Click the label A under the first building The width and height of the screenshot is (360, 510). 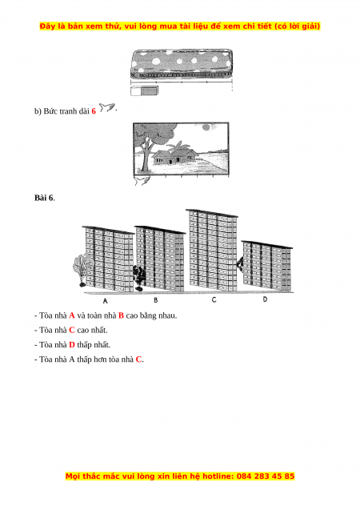105,301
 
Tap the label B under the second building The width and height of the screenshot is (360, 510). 156,300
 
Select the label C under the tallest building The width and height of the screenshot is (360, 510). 214,299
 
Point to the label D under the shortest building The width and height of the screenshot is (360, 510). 265,299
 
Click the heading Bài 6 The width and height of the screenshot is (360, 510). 44,198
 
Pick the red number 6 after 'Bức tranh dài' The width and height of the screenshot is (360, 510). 94,111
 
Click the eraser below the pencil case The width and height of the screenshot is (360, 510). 145,90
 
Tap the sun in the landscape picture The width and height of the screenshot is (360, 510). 206,127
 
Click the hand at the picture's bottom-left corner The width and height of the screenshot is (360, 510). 142,180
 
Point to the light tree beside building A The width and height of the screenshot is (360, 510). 80,268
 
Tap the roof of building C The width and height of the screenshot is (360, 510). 212,213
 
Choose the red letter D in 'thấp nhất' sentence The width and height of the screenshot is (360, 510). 72,345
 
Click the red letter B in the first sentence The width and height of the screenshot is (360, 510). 121,315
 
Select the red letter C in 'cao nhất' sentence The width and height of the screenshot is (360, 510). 72,330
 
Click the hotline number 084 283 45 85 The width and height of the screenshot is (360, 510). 266,476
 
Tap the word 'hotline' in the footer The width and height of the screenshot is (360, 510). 218,476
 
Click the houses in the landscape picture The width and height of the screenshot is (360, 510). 175,155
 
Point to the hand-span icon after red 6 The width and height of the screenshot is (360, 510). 107,107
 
